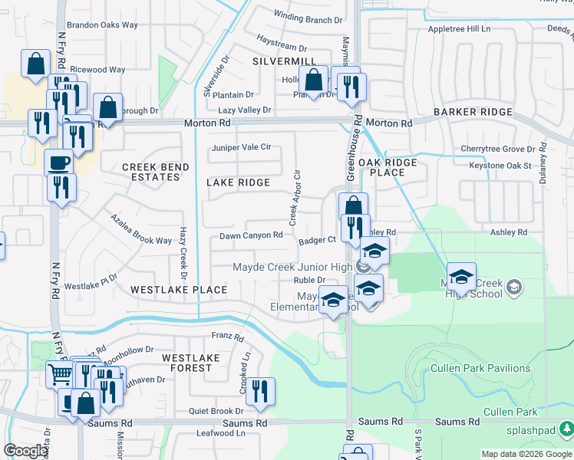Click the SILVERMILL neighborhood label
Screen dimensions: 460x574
click(283, 61)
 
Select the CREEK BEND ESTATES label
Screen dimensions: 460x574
click(150, 172)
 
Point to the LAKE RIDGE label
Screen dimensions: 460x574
click(239, 182)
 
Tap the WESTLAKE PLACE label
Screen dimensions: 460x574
click(179, 290)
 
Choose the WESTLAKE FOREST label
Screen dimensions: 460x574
click(187, 363)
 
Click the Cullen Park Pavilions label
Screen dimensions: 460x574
click(480, 368)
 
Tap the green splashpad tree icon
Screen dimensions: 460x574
click(566, 426)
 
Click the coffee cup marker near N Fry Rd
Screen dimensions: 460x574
click(59, 161)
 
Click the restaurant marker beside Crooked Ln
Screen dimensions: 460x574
click(260, 391)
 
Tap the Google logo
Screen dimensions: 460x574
click(26, 451)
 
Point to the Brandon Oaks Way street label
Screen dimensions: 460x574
click(102, 25)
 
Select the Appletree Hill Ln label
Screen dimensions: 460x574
click(459, 28)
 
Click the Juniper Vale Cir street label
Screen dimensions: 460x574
click(241, 146)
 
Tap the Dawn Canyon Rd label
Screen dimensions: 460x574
click(252, 235)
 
